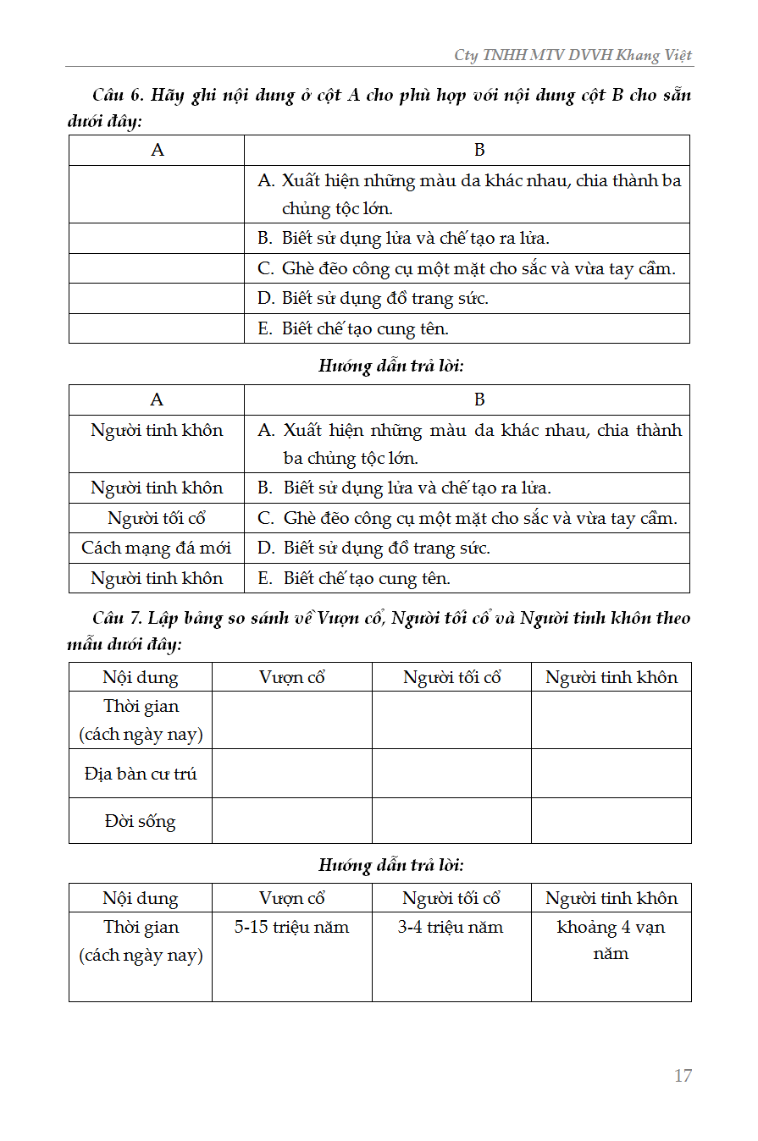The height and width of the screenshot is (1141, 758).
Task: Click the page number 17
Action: [x=683, y=1076]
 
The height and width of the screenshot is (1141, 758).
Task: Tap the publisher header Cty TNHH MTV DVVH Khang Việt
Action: [x=573, y=55]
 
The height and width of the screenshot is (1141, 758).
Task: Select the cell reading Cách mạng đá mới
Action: [x=157, y=548]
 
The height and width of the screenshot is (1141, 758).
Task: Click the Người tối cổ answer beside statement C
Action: [x=157, y=518]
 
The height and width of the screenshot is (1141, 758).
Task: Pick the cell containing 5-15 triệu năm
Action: [x=291, y=927]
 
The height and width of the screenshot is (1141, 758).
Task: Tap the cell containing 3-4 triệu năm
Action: [x=451, y=927]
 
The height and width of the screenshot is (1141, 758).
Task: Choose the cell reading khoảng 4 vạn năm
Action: [x=611, y=940]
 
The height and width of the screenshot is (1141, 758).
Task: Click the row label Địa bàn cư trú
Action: [x=141, y=774]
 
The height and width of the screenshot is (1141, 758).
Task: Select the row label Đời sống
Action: [x=141, y=821]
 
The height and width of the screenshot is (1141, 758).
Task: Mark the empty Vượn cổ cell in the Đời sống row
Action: [x=291, y=821]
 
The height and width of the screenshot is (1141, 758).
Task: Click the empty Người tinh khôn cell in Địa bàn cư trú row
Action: [x=611, y=774]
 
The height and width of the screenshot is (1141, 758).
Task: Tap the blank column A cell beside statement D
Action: [x=157, y=299]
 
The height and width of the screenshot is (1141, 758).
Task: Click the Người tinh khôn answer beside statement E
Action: [x=157, y=578]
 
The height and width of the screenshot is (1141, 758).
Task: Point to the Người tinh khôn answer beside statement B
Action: [x=157, y=488]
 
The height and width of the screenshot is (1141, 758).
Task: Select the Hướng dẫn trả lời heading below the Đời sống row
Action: [x=391, y=865]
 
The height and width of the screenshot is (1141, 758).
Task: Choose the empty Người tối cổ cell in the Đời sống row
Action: [x=451, y=821]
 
